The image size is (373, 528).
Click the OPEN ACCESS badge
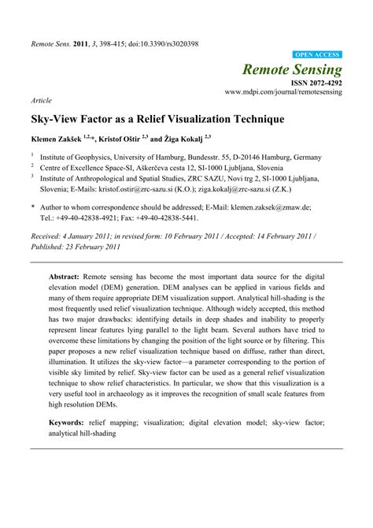316,54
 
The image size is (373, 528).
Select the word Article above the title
41,102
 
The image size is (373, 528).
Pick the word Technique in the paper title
255,122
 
